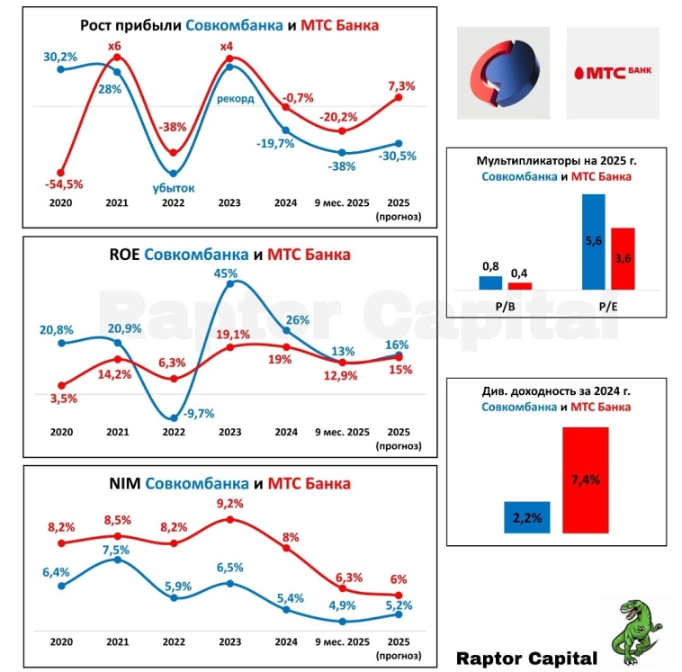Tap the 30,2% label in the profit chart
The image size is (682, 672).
61,57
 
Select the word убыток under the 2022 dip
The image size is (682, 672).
174,187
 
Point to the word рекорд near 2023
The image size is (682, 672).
236,98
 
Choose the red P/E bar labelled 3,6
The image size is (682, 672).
623,259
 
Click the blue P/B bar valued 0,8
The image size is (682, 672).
490,282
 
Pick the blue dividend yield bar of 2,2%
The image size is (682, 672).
528,517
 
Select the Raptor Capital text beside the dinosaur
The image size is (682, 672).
526,657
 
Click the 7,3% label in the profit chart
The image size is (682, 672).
400,86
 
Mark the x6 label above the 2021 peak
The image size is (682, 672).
114,47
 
